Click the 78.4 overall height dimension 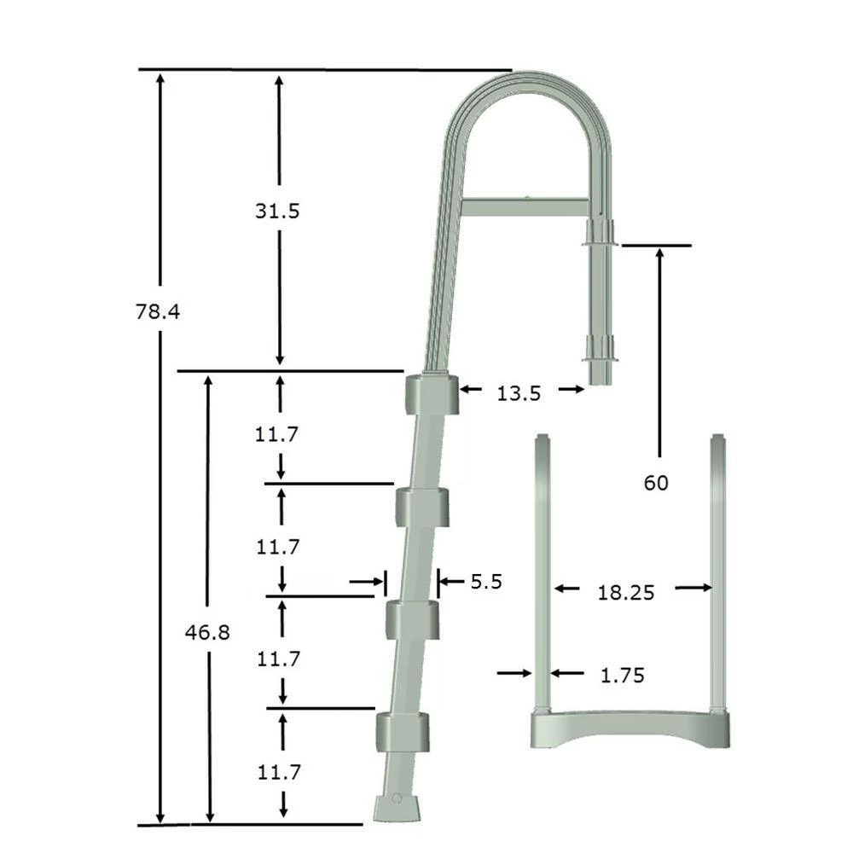pos(158,311)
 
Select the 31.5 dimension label pos(277,211)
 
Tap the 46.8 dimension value pos(208,633)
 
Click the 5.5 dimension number pos(486,582)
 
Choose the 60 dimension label pos(656,483)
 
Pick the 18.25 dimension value pos(625,593)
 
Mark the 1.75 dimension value pos(622,676)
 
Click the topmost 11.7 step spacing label pos(276,434)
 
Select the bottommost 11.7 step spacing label pos(277,773)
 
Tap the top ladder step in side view pos(432,395)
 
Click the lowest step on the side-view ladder pos(403,731)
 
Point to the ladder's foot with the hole pos(395,805)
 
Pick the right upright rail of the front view pos(720,572)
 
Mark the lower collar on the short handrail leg pos(600,350)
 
